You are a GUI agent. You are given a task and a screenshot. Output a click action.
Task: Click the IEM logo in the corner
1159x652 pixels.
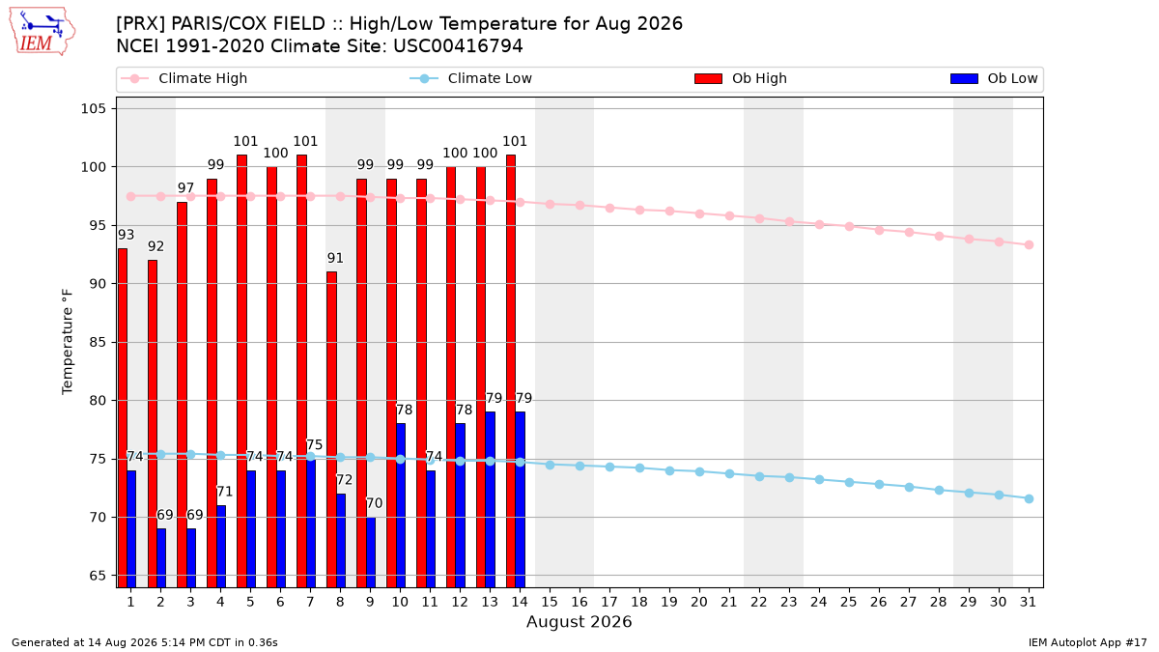[x=42, y=32]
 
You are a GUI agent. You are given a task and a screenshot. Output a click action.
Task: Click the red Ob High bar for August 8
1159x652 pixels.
[x=331, y=430]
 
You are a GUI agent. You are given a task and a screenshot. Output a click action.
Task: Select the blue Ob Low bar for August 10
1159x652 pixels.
[x=401, y=505]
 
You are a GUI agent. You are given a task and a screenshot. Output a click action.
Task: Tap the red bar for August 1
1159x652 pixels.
[x=123, y=418]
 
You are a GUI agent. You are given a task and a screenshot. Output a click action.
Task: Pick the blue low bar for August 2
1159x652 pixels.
[x=161, y=558]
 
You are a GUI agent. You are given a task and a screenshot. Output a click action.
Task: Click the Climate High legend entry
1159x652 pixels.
[x=184, y=78]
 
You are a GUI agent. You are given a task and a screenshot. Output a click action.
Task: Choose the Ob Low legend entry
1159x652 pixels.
[x=994, y=78]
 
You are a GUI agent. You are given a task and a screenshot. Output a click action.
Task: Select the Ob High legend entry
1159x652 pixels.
[x=741, y=78]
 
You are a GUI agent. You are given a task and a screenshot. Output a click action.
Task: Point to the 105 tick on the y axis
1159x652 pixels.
[x=93, y=108]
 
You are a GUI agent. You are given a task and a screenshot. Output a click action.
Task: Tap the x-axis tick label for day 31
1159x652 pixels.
[x=1029, y=602]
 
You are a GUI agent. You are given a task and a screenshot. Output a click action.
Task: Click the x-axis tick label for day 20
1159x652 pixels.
[x=699, y=602]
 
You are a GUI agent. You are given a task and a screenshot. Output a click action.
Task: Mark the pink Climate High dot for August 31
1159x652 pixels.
[x=1030, y=244]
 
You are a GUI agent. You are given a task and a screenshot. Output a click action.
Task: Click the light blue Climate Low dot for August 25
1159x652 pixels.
[x=849, y=482]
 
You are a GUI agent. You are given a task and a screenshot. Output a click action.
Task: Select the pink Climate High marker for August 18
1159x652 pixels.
[x=640, y=211]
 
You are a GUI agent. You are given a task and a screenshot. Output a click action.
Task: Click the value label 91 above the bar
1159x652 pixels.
[x=335, y=258]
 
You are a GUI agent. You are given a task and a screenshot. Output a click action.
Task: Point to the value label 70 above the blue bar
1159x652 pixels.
[x=374, y=503]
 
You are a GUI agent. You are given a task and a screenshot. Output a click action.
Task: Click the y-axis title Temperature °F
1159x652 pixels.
[x=68, y=342]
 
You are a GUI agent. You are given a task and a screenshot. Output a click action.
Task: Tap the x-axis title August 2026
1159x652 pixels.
[x=579, y=621]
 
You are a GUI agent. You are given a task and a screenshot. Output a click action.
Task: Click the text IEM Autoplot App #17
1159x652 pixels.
[x=1088, y=642]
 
